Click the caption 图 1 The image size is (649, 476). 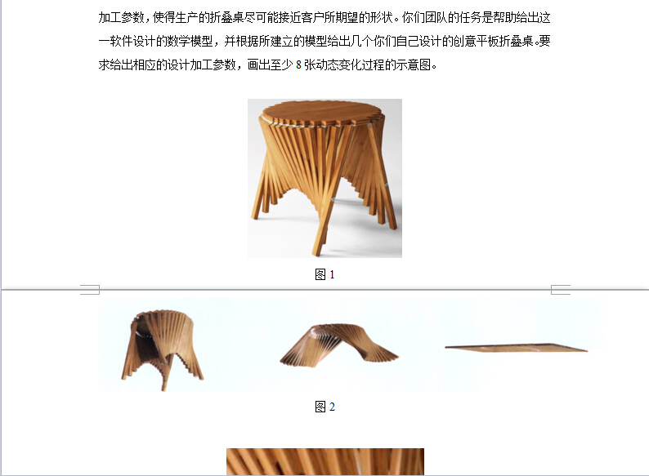point(324,274)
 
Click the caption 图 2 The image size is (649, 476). point(324,407)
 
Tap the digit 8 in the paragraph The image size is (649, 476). point(298,65)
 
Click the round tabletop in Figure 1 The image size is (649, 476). point(322,111)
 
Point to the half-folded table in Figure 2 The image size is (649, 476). point(338,345)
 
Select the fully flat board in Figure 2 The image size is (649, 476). point(516,348)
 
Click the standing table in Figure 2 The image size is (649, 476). point(163,349)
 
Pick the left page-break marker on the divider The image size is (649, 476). point(90,290)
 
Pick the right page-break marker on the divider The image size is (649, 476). point(561,290)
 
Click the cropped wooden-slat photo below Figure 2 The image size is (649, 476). point(325,461)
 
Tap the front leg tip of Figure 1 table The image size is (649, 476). point(316,253)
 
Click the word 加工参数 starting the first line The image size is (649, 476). point(121,18)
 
